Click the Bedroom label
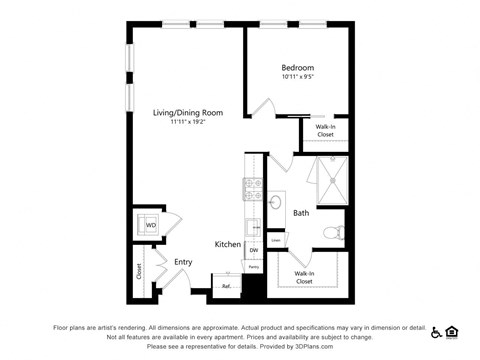tap(297, 68)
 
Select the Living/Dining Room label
tap(187, 113)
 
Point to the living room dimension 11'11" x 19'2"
tap(187, 124)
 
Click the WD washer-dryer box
tap(151, 226)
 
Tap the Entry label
tap(183, 262)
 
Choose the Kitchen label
tap(227, 244)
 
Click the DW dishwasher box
tap(254, 250)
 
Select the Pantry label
tap(254, 267)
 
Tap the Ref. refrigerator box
tap(227, 285)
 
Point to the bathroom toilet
tap(335, 234)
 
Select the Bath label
tap(301, 213)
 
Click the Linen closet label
tap(275, 240)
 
